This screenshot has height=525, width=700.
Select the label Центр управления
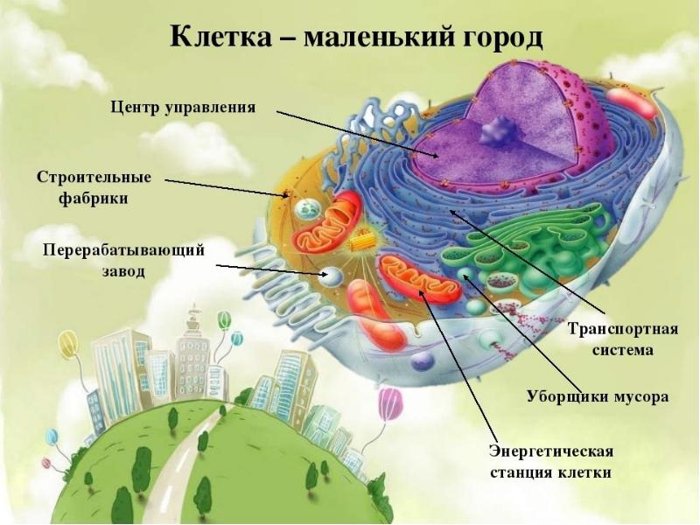tap(184, 108)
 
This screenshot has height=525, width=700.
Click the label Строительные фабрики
tap(94, 187)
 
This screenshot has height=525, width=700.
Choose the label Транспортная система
tap(623, 339)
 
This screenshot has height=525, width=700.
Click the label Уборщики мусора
tap(597, 396)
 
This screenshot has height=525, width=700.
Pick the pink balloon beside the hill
tap(390, 403)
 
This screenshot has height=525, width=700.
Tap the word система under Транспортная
tap(623, 351)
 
